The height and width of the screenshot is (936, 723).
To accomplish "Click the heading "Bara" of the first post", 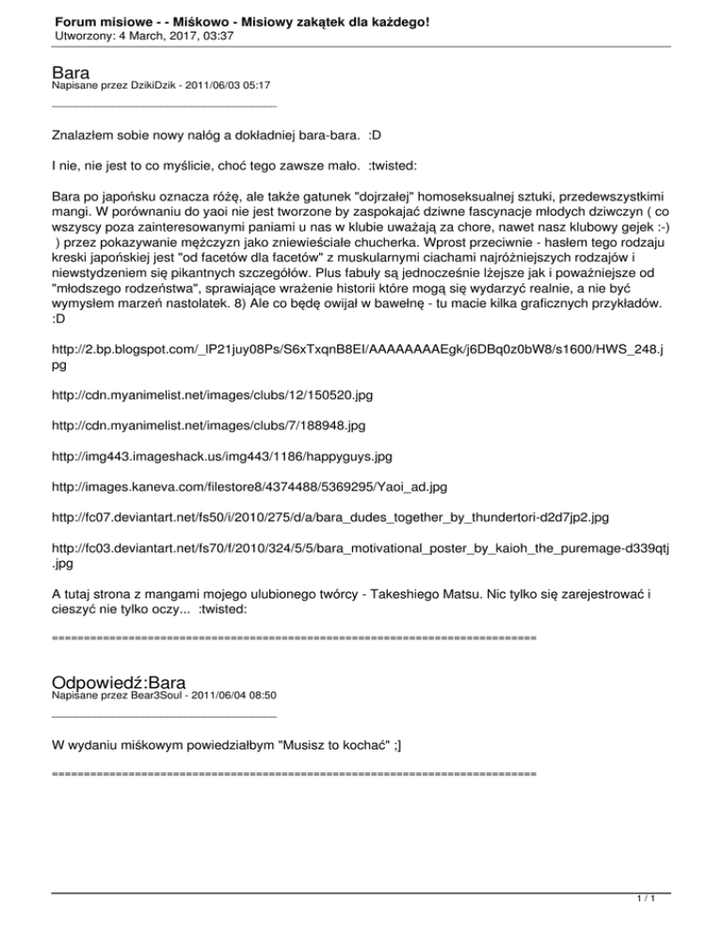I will point(72,73).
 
